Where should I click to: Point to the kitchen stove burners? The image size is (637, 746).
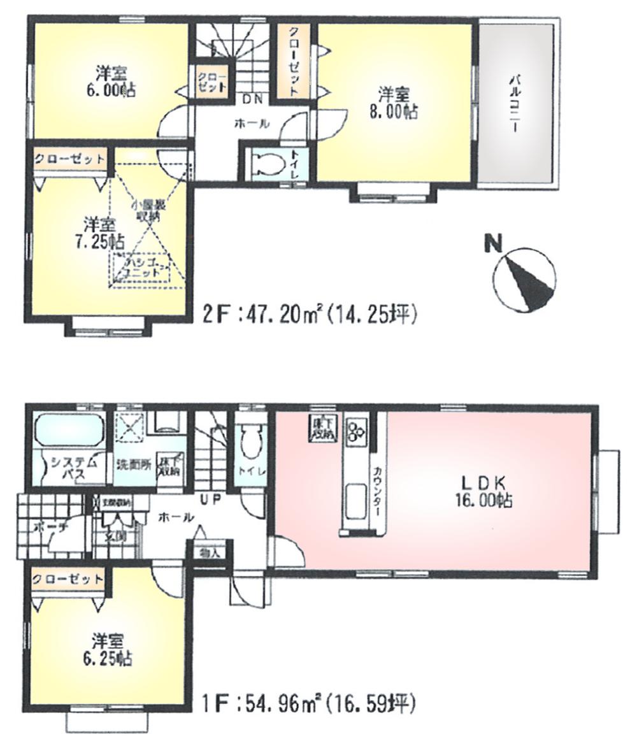click(355, 431)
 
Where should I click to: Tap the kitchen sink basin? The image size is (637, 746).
click(353, 499)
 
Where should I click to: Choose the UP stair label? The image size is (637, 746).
click(210, 499)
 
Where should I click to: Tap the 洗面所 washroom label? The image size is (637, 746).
click(133, 464)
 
